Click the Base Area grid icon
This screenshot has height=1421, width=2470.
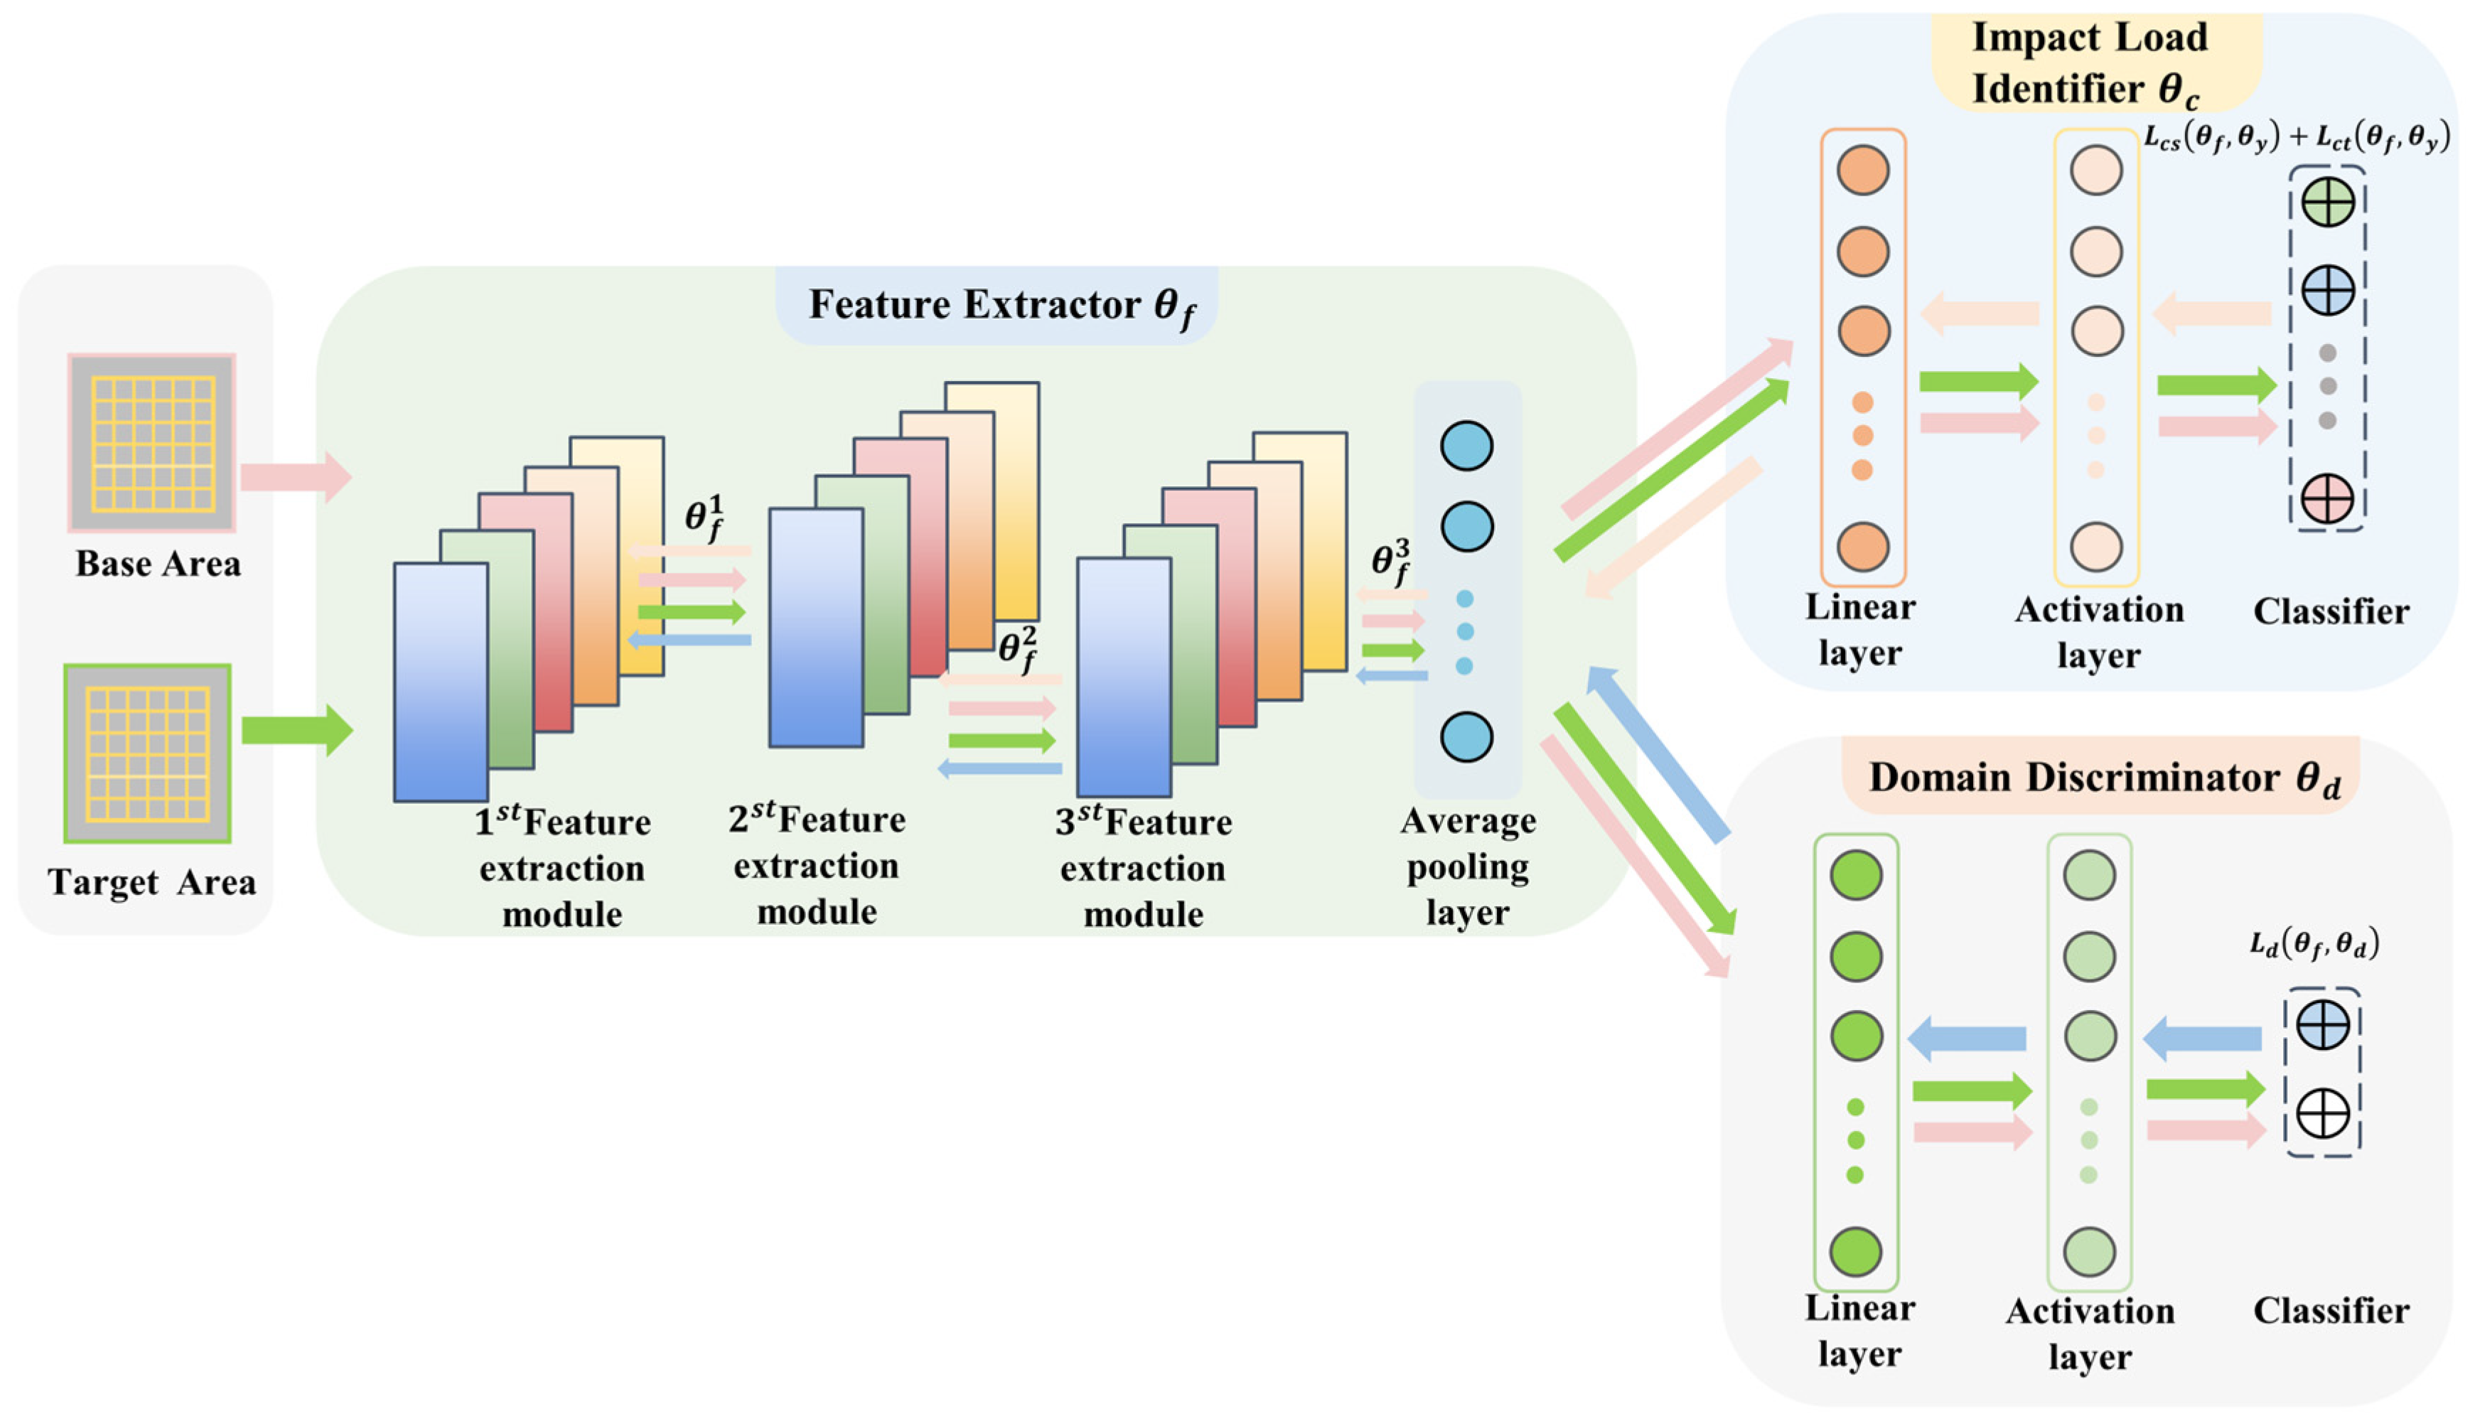(x=151, y=443)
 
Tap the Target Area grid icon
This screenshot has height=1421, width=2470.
(x=147, y=754)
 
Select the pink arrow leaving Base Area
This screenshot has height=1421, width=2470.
(x=296, y=477)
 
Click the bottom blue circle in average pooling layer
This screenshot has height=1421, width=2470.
(x=1466, y=737)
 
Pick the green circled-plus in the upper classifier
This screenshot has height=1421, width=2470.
(x=2328, y=204)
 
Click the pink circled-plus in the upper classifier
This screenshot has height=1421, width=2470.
(x=2328, y=499)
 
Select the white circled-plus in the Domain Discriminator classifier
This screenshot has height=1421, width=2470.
(x=2323, y=1115)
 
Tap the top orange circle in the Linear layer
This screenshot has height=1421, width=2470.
(x=1863, y=170)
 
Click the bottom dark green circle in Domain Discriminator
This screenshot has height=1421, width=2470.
(x=1855, y=1252)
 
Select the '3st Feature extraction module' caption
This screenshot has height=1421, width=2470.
(x=1143, y=868)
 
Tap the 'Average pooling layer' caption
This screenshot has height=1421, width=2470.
(x=1468, y=867)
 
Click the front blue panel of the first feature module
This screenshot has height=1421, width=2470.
(x=441, y=682)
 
